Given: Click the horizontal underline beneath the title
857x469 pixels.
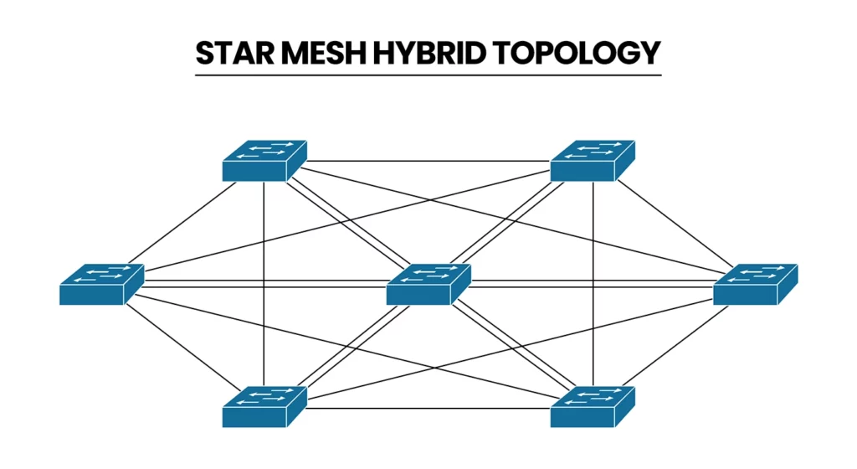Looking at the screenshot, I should pos(428,75).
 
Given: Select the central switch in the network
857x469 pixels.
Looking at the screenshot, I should pos(428,284).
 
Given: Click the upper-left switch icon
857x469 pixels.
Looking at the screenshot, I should pos(264,161).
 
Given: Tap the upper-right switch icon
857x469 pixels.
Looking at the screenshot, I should pos(593,161).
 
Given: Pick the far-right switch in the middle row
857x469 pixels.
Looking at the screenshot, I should pos(755,284).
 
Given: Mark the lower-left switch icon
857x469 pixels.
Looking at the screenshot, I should pos(264,407).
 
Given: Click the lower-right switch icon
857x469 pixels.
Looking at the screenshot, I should pos(593,407).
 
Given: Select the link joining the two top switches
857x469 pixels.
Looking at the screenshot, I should pos(428,160).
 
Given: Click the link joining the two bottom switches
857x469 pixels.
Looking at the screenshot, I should pos(428,409).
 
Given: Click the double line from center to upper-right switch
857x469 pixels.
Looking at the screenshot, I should pos(511,223).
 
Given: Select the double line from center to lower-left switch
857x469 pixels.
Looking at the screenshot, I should pos(346,346).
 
